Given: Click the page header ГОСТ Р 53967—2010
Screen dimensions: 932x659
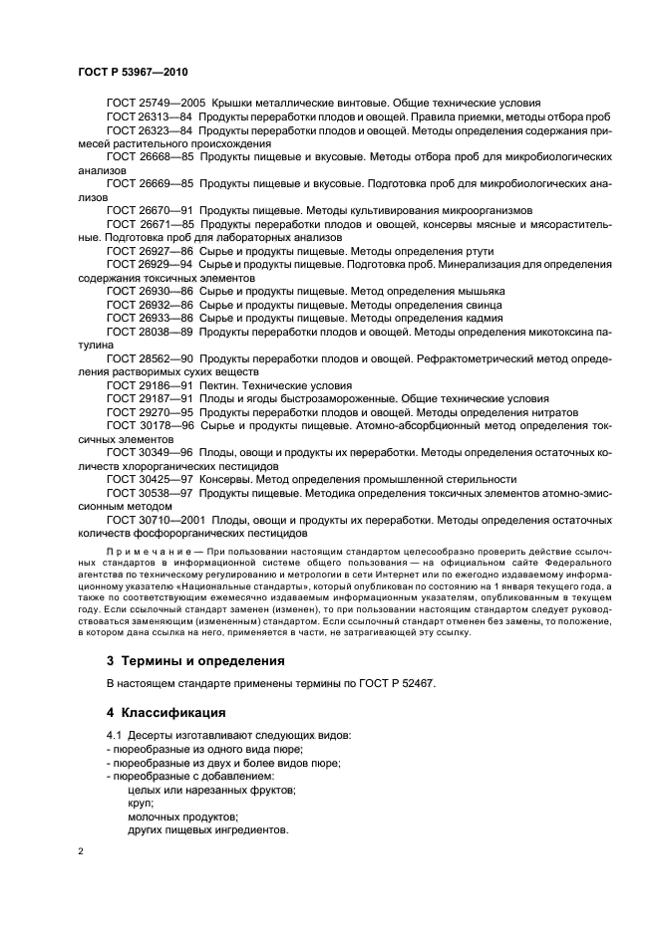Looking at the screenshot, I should pyautogui.click(x=132, y=73).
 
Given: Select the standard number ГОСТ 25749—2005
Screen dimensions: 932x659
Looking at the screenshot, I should pyautogui.click(x=155, y=103).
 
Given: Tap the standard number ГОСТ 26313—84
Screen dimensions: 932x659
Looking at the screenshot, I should pyautogui.click(x=149, y=116).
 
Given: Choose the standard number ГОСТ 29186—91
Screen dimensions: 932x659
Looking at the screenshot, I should pyautogui.click(x=149, y=384).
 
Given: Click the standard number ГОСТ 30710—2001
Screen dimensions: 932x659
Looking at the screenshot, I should pyautogui.click(x=155, y=519).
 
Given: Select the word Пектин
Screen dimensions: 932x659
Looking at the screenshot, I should pyautogui.click(x=218, y=384).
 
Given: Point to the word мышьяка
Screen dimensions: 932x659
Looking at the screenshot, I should pyautogui.click(x=480, y=291).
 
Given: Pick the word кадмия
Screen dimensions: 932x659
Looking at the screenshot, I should pyautogui.click(x=476, y=318).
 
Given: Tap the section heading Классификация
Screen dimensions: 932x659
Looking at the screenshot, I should pyautogui.click(x=174, y=712).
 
